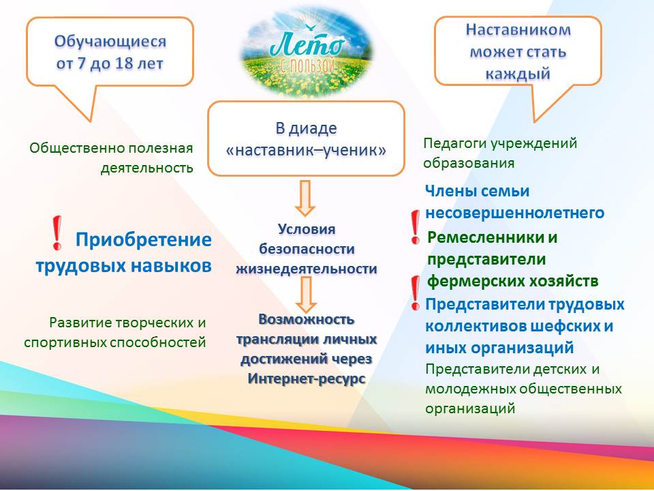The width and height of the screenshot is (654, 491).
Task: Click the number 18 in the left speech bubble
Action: [125, 64]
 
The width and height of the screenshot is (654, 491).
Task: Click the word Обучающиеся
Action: [110, 42]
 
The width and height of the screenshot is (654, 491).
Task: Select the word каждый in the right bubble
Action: [518, 74]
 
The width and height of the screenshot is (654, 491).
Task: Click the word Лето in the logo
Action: [307, 45]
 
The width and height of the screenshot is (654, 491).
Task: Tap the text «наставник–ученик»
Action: [306, 150]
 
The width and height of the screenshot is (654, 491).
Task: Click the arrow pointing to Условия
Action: [305, 198]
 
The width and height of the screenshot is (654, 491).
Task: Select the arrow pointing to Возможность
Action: [306, 295]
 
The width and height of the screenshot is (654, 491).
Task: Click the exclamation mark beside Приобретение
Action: [57, 233]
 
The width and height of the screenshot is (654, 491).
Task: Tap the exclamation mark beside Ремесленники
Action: [415, 226]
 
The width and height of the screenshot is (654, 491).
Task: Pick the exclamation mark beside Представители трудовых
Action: [415, 293]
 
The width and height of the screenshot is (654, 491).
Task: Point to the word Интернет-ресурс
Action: [307, 378]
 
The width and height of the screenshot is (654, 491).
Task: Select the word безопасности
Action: [307, 250]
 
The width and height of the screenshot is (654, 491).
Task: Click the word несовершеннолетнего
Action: [515, 213]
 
